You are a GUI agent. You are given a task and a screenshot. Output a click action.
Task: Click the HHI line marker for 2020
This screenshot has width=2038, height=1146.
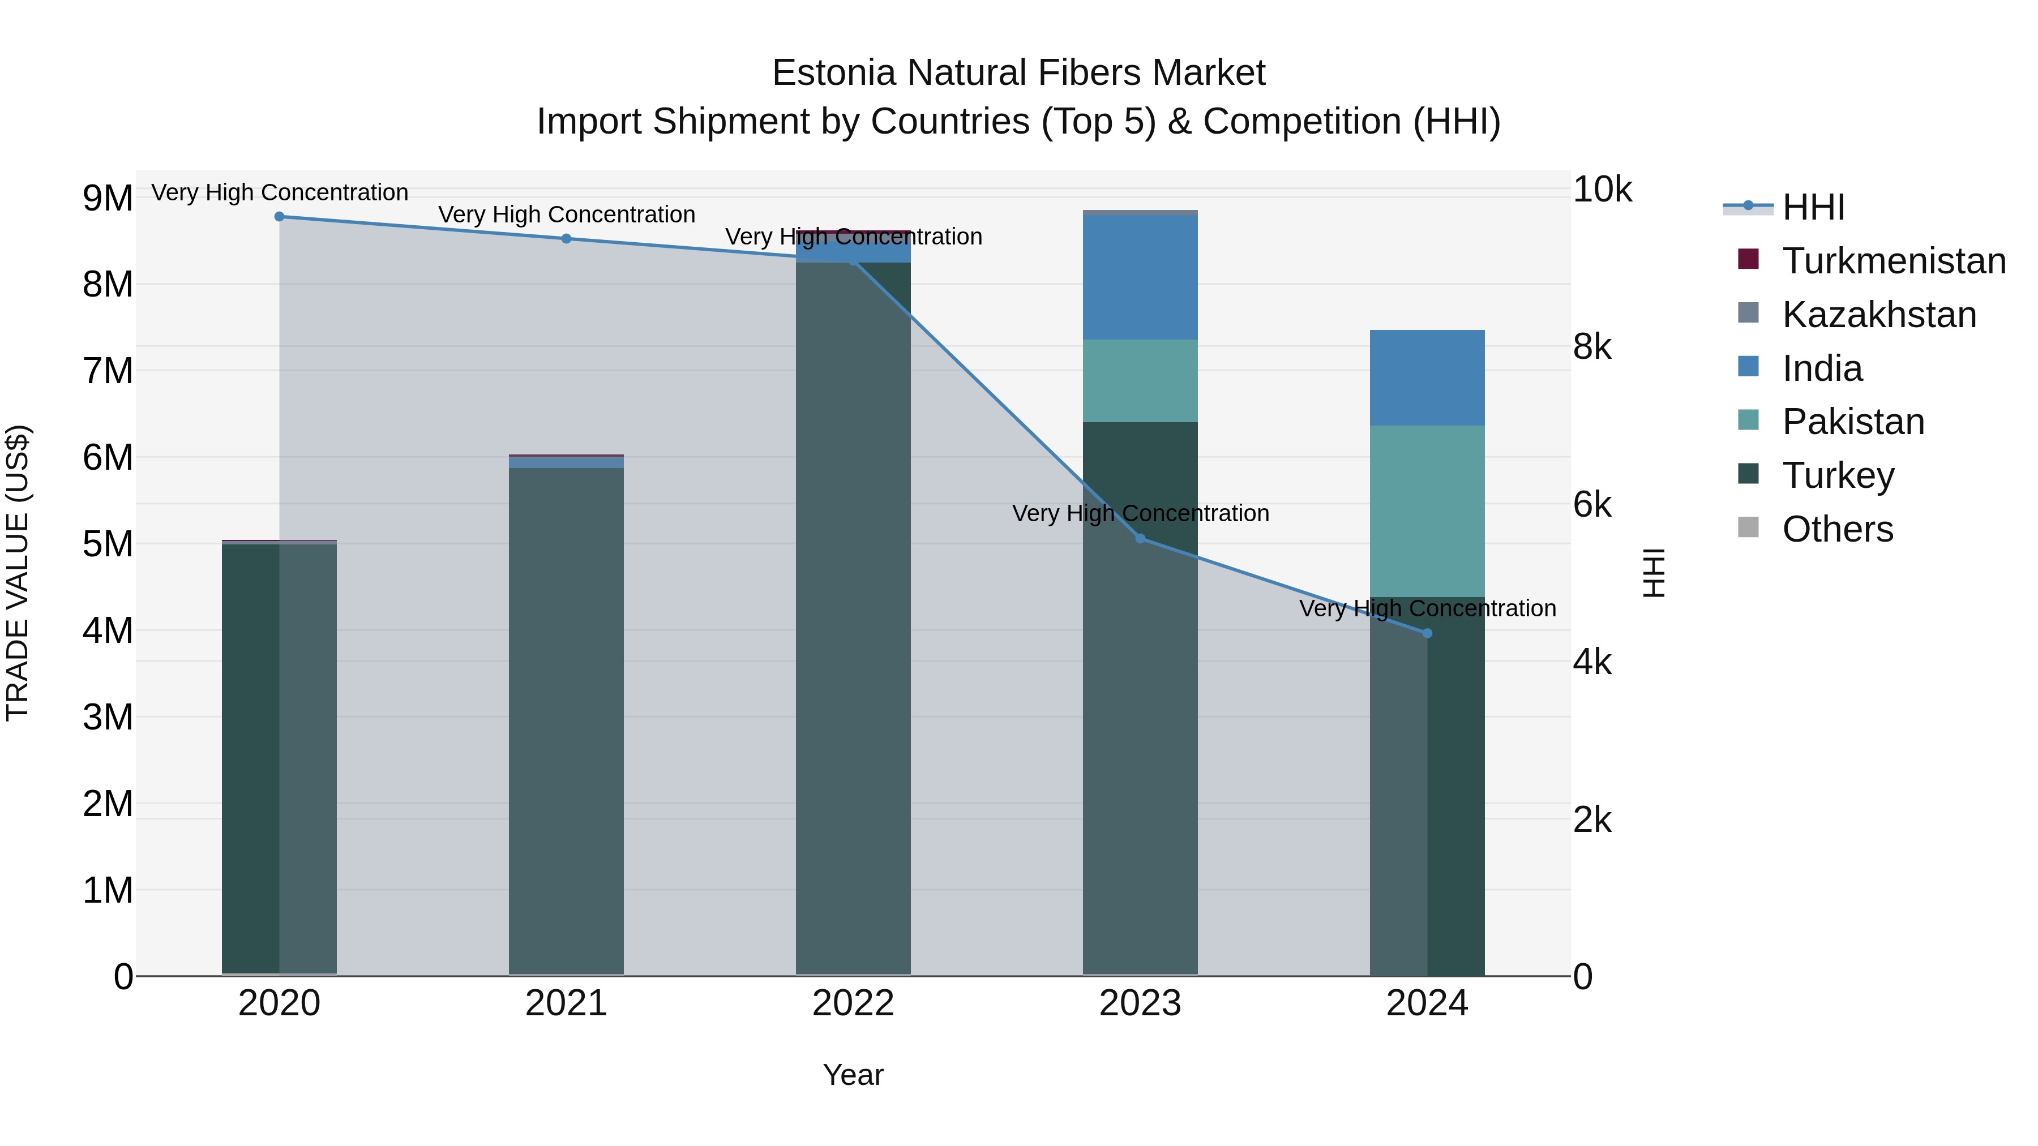point(279,217)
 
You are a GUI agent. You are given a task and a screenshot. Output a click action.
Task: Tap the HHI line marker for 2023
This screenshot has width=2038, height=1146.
point(1140,539)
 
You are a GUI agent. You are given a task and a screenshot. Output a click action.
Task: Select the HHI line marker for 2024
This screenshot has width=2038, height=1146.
point(1427,633)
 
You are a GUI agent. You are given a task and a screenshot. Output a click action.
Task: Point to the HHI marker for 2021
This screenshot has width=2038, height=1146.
point(567,239)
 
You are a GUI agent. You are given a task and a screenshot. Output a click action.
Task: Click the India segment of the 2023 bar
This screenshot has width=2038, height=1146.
point(1140,277)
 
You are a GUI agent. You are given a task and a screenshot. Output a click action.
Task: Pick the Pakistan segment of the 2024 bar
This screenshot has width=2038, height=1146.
point(1427,511)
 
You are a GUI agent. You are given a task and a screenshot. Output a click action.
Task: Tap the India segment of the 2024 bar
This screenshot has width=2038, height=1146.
point(1427,378)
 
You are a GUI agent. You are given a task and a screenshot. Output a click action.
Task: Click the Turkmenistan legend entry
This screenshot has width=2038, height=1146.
point(1893,261)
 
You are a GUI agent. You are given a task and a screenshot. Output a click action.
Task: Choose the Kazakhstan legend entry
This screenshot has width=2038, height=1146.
point(1879,315)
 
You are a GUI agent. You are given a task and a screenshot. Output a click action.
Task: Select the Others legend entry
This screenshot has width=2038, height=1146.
point(1837,529)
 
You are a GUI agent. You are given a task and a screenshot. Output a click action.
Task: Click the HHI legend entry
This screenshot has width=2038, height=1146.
point(1813,207)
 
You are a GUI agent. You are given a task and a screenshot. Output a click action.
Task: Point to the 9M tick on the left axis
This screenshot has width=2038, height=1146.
point(108,198)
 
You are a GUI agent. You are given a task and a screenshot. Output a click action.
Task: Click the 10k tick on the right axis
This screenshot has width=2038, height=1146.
point(1602,190)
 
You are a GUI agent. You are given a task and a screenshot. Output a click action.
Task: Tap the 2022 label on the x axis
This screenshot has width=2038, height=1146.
point(853,1003)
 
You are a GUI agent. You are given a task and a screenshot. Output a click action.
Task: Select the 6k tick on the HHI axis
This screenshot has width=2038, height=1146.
point(1592,505)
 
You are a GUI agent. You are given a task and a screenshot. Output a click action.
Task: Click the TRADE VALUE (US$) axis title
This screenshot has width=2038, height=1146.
point(18,573)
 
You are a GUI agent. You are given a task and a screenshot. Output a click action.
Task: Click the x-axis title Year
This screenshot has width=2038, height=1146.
point(853,1075)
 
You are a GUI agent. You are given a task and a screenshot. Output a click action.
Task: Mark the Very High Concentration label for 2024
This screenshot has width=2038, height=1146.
point(1427,608)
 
